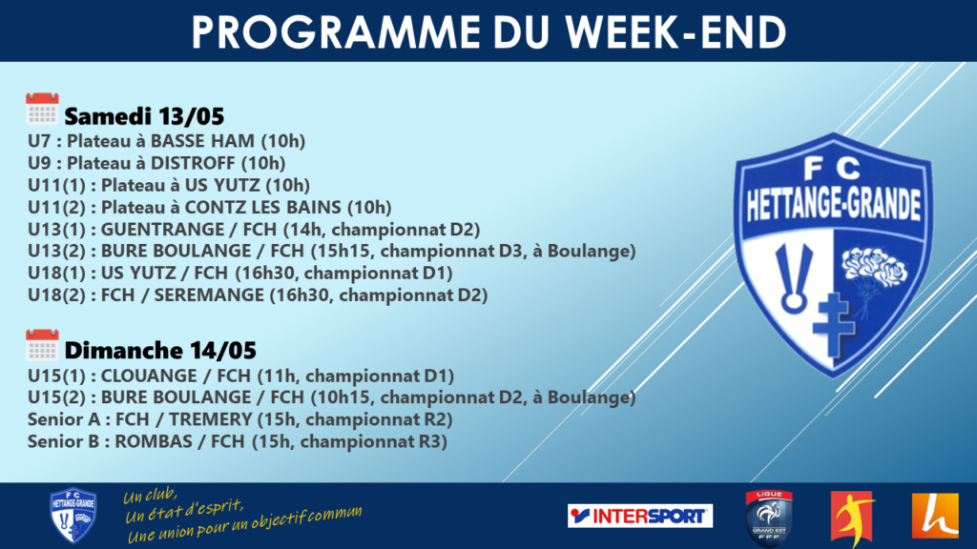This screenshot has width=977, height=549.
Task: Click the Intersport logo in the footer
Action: click(x=640, y=516)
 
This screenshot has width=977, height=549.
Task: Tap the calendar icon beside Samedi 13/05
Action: click(x=42, y=109)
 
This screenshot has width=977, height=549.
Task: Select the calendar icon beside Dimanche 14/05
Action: click(x=42, y=345)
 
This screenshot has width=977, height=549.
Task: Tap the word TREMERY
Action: click(x=211, y=419)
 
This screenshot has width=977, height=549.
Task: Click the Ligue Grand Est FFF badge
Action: click(x=769, y=518)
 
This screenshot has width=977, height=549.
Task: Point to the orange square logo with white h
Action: click(x=935, y=516)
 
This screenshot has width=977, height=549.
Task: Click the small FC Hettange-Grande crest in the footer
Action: click(x=73, y=516)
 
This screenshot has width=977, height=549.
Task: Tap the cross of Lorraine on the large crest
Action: click(x=834, y=324)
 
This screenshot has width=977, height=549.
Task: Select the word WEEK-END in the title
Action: click(x=676, y=31)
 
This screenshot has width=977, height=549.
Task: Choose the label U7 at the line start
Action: click(x=38, y=141)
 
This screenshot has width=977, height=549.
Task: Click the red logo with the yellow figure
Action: click(x=852, y=517)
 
